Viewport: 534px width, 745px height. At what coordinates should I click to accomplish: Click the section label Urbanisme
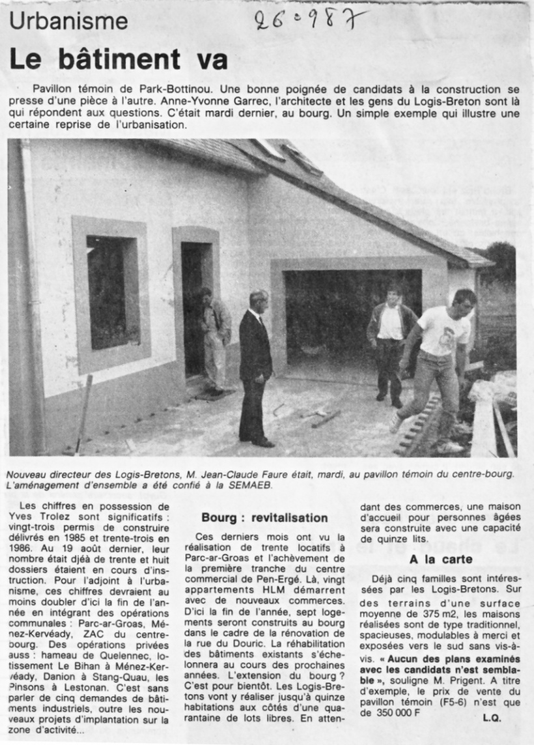[x=68, y=22]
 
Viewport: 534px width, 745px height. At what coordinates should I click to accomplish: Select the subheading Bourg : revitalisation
[x=264, y=518]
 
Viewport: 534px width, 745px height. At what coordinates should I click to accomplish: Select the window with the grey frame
[x=111, y=294]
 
